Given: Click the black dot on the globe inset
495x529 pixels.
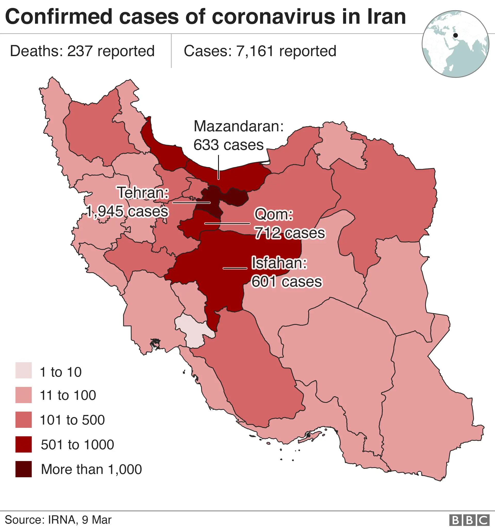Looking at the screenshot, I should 456,35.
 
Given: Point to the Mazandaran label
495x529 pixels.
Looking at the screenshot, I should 238,126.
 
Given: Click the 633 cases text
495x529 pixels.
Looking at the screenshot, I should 228,145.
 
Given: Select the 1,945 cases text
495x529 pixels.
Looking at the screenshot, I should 127,211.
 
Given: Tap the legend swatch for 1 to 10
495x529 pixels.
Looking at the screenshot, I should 23,370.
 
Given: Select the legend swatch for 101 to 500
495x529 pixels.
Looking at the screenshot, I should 23,420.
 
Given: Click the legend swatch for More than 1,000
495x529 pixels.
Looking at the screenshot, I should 23,469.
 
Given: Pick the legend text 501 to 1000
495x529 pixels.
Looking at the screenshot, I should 77,445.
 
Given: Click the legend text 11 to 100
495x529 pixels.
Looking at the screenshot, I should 68,395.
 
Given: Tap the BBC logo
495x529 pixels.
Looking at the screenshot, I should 469,520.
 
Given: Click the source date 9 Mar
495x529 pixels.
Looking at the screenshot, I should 96,520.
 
